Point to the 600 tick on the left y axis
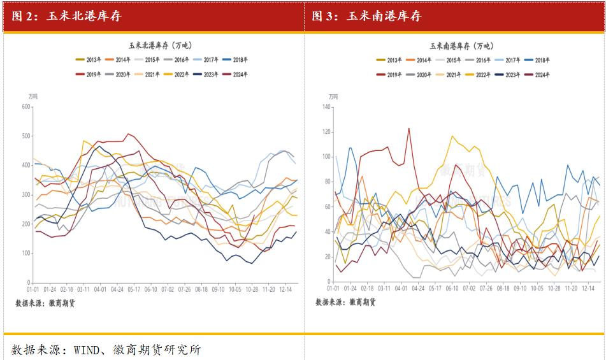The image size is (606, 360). coord(26,106)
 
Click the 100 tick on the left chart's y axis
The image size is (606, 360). coord(26,254)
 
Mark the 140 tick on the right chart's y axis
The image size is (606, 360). coord(327,106)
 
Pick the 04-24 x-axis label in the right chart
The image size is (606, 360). coord(418,289)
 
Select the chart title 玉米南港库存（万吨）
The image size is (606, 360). coord(461,46)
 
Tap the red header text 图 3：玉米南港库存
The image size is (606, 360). coord(366,17)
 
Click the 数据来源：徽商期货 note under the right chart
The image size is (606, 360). coord(345,303)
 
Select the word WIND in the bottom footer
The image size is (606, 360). coord(87,349)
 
